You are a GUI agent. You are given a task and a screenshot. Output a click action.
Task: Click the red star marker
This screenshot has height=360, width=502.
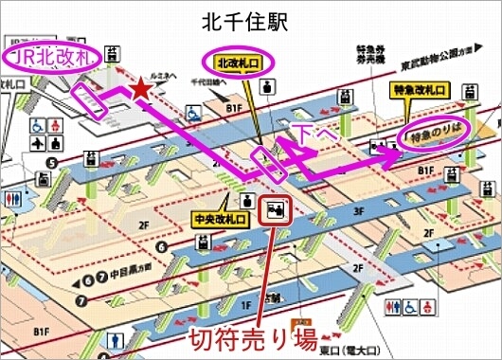141,89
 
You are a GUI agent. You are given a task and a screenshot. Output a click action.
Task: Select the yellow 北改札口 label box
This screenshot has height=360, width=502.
236,63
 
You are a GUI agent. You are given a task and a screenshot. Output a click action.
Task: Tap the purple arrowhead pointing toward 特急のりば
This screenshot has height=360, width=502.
390,160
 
